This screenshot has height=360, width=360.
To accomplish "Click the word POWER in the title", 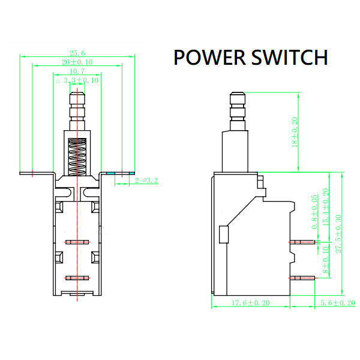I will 209,58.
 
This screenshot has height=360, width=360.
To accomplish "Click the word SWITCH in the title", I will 289,58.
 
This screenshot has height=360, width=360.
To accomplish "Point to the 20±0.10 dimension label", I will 77,62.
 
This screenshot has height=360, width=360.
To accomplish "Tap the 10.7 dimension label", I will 77,71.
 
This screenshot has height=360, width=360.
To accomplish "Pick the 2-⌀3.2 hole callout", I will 146,180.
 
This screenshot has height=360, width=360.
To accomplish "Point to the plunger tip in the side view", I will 238,99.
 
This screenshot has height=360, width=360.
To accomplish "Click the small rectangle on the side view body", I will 224,235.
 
